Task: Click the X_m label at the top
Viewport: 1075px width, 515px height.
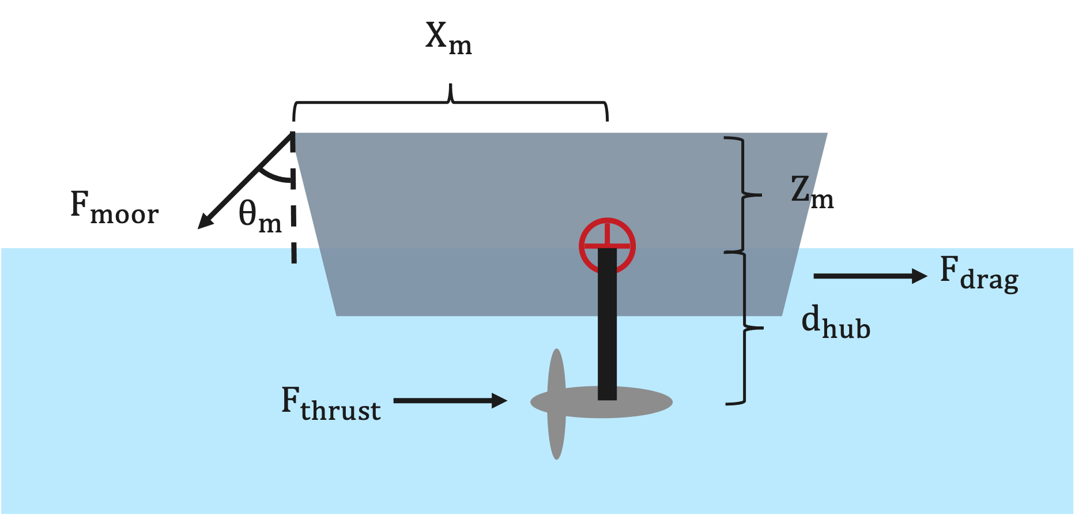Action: click(448, 38)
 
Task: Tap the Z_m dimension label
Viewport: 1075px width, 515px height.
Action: click(812, 192)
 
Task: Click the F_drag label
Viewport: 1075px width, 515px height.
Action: click(979, 274)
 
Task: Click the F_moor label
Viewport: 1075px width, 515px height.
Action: click(114, 207)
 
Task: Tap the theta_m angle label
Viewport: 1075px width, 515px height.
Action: click(260, 216)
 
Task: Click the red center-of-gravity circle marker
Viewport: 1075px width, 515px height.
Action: click(607, 246)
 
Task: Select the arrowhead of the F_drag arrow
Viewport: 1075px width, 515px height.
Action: click(919, 276)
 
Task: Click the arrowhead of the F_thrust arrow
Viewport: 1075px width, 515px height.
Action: click(499, 400)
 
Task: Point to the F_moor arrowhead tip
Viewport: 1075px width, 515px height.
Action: click(198, 229)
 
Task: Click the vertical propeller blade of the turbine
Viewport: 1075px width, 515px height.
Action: click(556, 404)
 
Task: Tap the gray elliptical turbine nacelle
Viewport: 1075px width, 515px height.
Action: click(601, 402)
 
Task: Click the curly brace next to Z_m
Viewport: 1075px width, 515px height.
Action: click(743, 195)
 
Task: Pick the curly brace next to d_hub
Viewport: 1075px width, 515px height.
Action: click(745, 328)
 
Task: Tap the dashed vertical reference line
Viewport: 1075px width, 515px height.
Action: click(294, 198)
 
